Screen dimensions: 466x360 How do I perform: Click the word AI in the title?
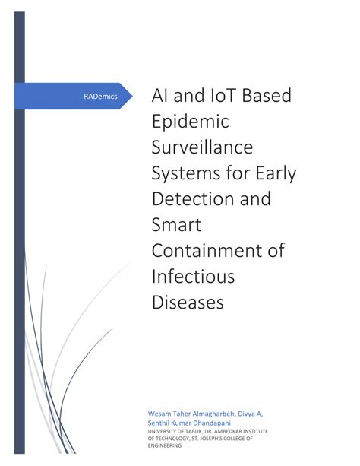tap(162, 97)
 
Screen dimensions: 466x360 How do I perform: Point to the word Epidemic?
tap(191, 122)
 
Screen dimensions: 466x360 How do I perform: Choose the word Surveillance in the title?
tap(204, 147)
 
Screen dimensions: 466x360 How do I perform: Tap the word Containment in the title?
tap(204, 251)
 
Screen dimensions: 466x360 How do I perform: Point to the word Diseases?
tap(188, 302)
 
